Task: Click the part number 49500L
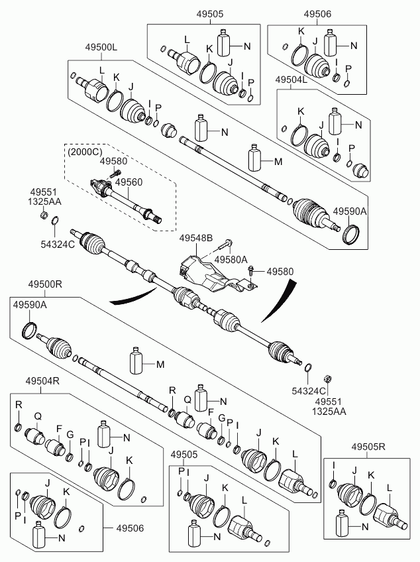pyautogui.click(x=101, y=48)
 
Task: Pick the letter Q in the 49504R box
pyautogui.click(x=38, y=416)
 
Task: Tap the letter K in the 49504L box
pyautogui.click(x=300, y=111)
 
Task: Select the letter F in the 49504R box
pyautogui.click(x=59, y=427)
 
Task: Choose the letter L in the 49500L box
pyautogui.click(x=102, y=70)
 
